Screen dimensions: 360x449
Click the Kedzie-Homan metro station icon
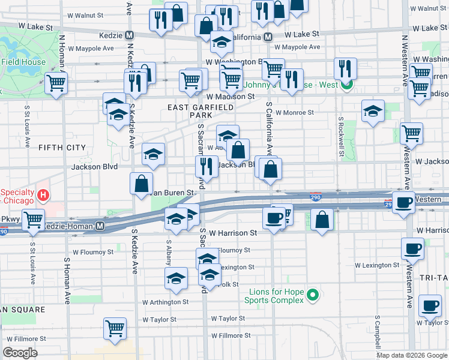click(100, 226)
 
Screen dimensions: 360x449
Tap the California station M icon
click(268, 37)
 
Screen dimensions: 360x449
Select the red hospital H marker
click(43, 195)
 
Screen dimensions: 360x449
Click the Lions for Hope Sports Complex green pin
click(312, 295)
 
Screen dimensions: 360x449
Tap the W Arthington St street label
click(165, 302)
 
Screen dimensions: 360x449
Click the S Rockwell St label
click(340, 137)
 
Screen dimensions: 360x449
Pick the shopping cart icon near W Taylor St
click(115, 328)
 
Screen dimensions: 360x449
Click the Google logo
click(20, 353)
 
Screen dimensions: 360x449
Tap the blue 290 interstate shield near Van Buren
click(316, 197)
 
